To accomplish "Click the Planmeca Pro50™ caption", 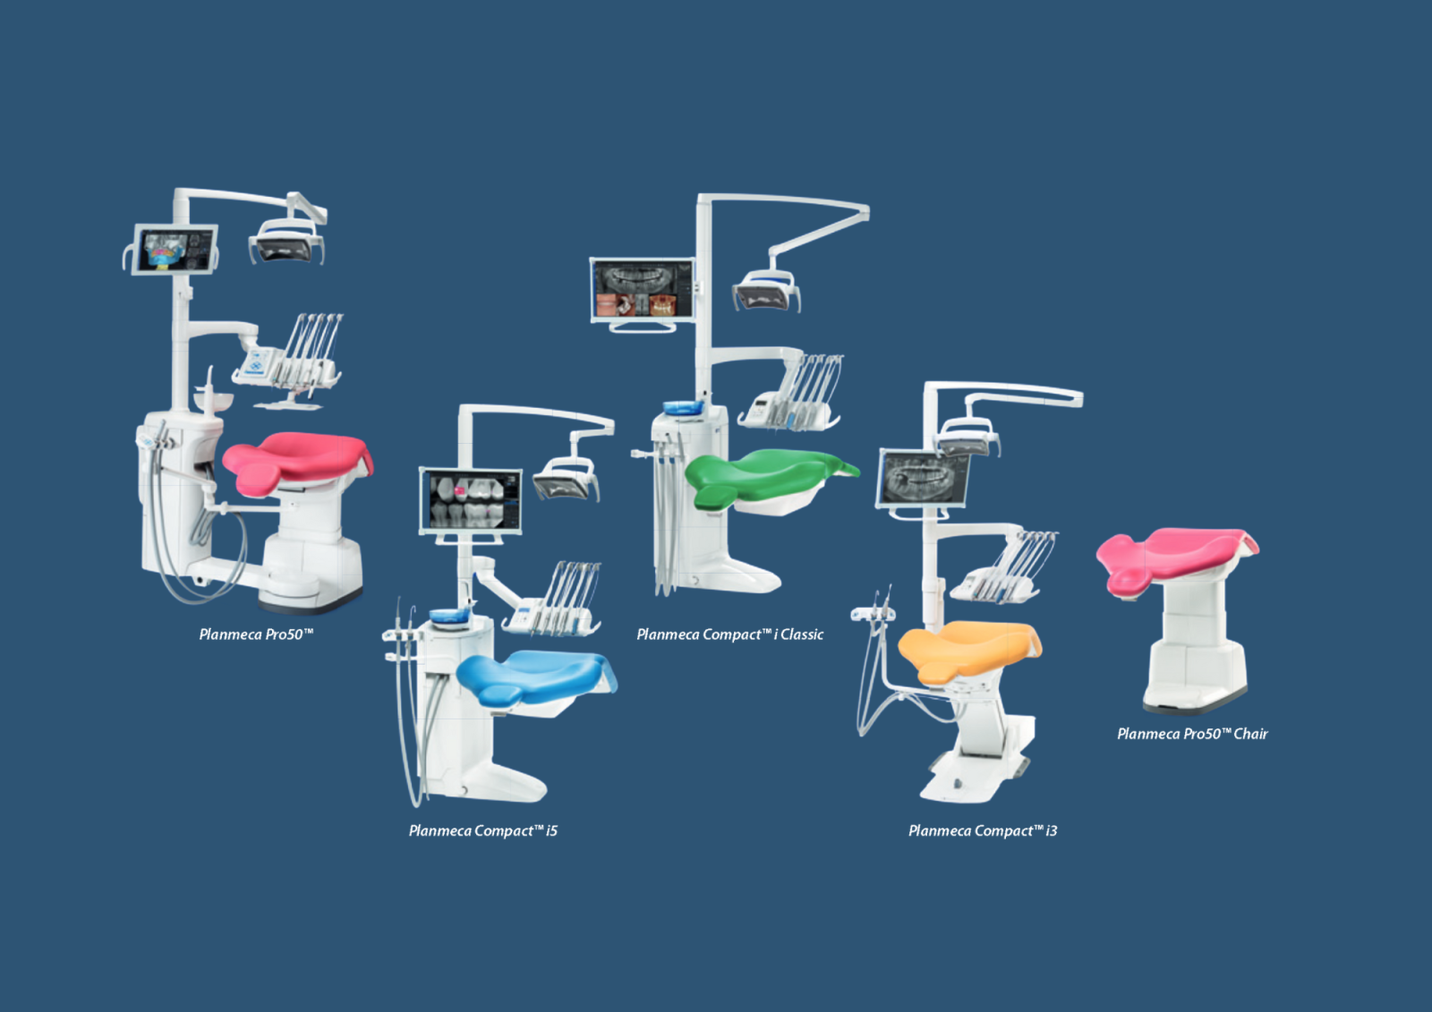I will coord(256,634).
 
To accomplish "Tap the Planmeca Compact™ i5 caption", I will coord(482,830).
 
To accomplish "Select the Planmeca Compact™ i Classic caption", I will coord(729,634).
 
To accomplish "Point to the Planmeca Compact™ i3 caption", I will coord(982,830).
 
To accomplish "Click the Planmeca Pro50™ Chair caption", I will coord(1192,734).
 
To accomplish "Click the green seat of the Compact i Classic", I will coord(761,474).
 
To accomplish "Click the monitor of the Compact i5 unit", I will coord(471,500).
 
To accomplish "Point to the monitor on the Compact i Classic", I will coord(643,289).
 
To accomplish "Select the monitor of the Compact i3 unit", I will coord(925,479).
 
